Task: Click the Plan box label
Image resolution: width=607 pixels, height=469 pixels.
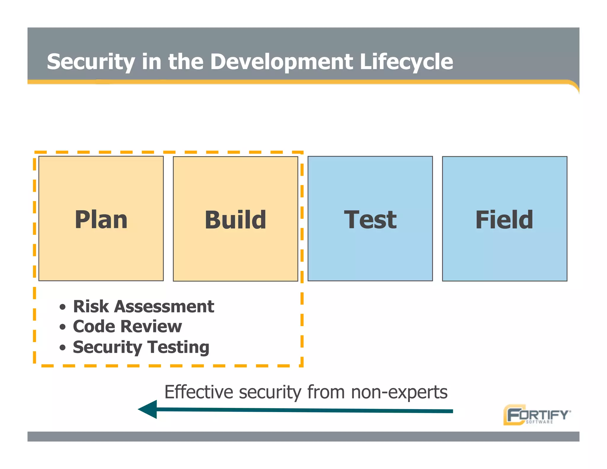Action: pyautogui.click(x=101, y=220)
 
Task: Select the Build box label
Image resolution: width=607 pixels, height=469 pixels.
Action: pyautogui.click(x=235, y=220)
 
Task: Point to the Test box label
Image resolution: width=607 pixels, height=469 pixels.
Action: pyautogui.click(x=370, y=220)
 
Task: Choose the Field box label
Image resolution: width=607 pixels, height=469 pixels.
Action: pyautogui.click(x=504, y=220)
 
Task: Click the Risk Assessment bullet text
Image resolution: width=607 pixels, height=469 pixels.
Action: pyautogui.click(x=143, y=306)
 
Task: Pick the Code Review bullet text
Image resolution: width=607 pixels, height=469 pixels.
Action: pyautogui.click(x=127, y=326)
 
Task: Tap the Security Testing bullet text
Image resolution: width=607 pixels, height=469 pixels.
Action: pyautogui.click(x=141, y=347)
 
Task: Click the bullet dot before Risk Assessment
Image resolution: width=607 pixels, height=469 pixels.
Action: pyautogui.click(x=62, y=307)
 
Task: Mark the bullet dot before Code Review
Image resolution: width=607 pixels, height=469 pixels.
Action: pyautogui.click(x=62, y=327)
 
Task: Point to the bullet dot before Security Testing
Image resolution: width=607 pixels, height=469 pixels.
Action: pyautogui.click(x=62, y=347)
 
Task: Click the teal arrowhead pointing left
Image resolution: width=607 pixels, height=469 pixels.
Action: pyautogui.click(x=148, y=409)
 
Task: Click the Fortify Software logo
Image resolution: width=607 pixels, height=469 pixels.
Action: pyautogui.click(x=536, y=415)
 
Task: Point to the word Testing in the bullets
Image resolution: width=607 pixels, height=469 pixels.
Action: pyautogui.click(x=178, y=347)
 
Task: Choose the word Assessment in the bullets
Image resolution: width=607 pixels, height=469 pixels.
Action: pyautogui.click(x=164, y=306)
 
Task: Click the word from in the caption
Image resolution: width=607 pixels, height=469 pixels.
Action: pyautogui.click(x=326, y=392)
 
